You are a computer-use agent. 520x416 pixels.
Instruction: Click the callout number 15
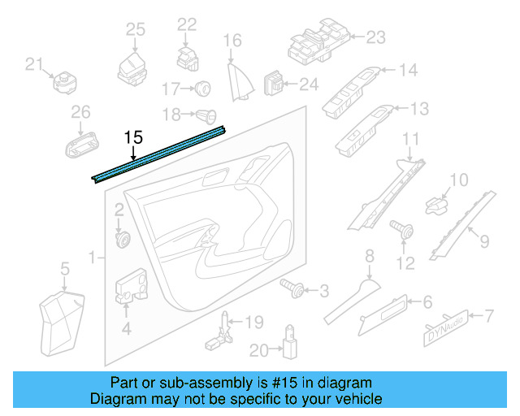(134, 139)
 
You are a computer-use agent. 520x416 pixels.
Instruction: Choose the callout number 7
(489, 315)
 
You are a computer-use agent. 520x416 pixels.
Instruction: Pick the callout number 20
(259, 350)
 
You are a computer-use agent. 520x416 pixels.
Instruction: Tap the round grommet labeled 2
(124, 239)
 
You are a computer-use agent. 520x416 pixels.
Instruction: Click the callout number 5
(63, 266)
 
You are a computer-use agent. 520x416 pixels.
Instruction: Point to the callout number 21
(33, 63)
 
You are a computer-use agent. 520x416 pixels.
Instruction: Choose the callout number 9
(483, 240)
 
